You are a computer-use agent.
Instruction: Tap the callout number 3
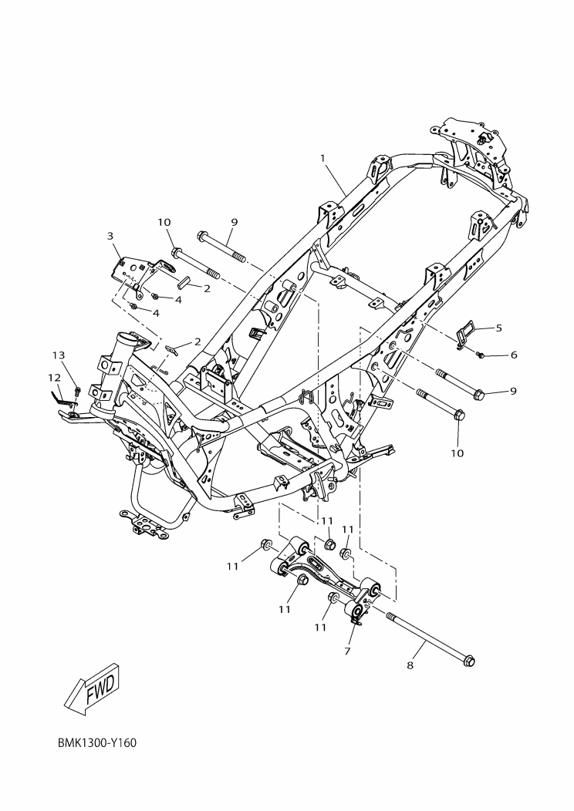click(x=110, y=235)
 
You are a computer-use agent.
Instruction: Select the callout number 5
click(x=498, y=328)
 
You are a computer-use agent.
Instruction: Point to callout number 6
click(x=513, y=355)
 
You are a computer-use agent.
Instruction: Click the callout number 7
click(x=347, y=651)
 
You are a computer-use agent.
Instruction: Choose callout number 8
click(x=410, y=665)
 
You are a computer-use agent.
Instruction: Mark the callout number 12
click(x=53, y=378)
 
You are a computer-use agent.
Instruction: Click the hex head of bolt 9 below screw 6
click(x=476, y=394)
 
